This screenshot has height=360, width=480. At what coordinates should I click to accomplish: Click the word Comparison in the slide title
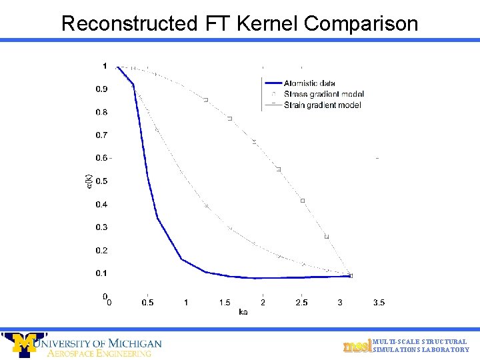point(361,23)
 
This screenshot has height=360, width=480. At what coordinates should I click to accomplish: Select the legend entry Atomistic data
point(309,83)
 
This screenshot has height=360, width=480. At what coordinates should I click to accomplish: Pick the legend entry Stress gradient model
point(323,94)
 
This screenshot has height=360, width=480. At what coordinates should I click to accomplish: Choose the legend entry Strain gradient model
point(322,105)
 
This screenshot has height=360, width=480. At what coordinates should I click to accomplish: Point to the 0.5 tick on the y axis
point(101,181)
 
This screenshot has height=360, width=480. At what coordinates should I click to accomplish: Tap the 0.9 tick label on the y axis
point(101,89)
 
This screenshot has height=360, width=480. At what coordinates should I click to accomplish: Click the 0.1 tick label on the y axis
point(101,273)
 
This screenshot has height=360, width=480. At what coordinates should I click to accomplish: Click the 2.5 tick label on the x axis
point(301,303)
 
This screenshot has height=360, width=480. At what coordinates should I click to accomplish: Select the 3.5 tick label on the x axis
point(378,303)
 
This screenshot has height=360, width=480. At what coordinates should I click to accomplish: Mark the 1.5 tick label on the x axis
point(225,303)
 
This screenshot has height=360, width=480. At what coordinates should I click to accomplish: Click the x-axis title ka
point(243,312)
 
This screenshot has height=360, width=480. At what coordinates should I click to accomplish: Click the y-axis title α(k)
point(89,181)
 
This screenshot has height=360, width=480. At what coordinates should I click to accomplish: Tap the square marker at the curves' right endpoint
point(351,275)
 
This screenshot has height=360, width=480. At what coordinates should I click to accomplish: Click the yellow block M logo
point(25,344)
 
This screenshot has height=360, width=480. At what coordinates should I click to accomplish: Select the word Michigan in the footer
point(134,343)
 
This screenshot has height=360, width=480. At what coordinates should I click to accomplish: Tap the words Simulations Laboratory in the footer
point(421,350)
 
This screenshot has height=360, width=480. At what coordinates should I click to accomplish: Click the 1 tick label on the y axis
point(104,66)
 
